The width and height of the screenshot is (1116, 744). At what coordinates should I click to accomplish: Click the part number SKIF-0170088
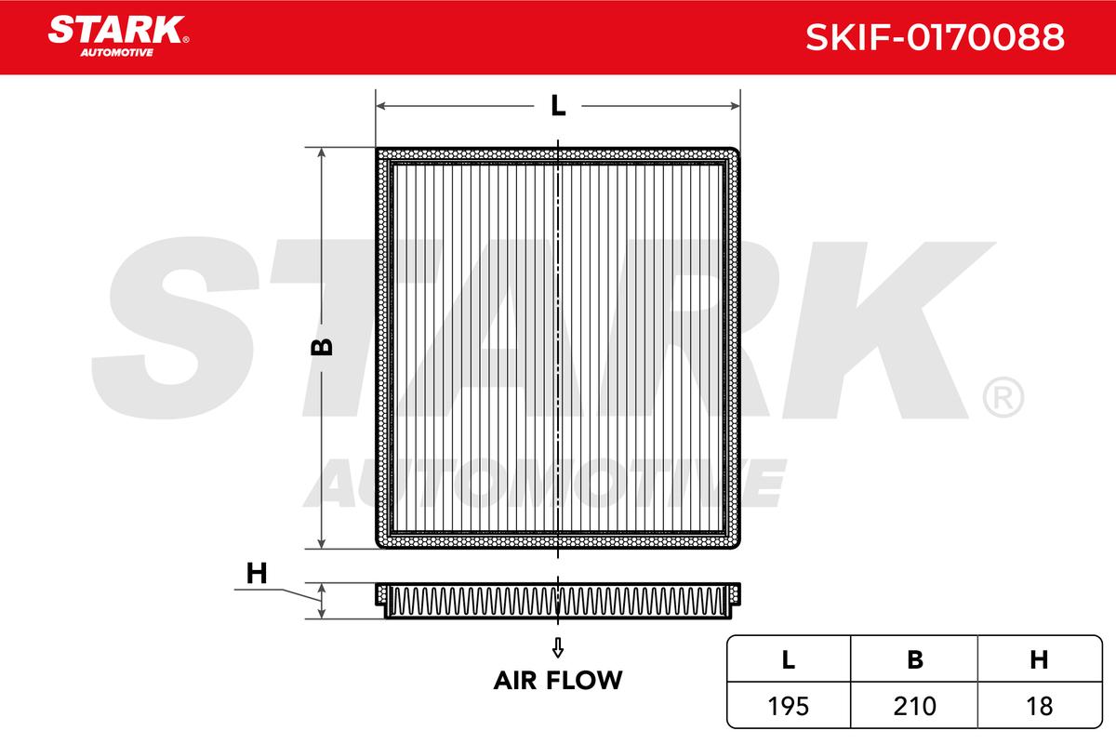click(935, 37)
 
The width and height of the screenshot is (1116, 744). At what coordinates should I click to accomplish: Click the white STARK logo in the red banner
click(118, 30)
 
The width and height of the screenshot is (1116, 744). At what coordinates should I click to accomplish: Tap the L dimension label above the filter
click(558, 106)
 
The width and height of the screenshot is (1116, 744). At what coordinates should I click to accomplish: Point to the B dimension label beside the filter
click(322, 347)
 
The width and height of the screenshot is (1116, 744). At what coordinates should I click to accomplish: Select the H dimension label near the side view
click(257, 573)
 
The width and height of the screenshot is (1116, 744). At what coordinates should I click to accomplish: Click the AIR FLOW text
click(558, 680)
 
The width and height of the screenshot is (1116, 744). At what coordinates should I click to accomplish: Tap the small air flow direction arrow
click(558, 647)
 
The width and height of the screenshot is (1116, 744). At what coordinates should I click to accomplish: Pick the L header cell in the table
click(789, 659)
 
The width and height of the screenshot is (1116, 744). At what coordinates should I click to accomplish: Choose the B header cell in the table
click(914, 659)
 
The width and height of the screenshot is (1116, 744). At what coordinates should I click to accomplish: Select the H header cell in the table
click(1040, 659)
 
